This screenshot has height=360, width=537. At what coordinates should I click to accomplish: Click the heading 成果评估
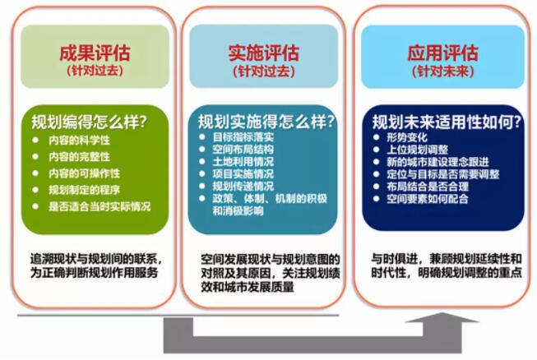tap(95, 53)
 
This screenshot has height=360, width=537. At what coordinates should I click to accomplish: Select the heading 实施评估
tap(264, 53)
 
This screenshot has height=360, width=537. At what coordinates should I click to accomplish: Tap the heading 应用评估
tap(442, 53)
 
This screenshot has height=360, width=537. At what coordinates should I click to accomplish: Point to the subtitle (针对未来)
tap(442, 72)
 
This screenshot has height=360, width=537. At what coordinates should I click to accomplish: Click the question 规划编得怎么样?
tap(89, 122)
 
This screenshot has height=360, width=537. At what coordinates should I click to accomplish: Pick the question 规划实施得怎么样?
tap(266, 122)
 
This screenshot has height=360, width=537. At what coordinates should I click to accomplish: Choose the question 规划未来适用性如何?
tap(447, 122)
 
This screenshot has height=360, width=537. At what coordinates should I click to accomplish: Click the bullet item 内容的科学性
tap(79, 140)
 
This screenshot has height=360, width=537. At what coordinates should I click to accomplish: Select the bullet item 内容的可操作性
tap(84, 173)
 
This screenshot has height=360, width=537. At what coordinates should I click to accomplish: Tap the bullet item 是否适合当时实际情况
tap(100, 206)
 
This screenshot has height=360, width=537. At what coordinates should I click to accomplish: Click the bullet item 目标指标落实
tap(243, 137)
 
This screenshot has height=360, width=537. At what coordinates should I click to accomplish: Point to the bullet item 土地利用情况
tap(243, 162)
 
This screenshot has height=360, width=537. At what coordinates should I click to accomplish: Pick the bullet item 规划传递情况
tap(243, 186)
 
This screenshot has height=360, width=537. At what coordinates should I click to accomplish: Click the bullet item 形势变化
tap(407, 137)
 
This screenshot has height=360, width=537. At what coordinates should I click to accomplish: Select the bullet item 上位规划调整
tap(417, 150)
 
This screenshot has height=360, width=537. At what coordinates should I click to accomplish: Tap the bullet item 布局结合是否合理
tap(428, 187)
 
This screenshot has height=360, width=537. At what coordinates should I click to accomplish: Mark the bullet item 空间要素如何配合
tap(428, 198)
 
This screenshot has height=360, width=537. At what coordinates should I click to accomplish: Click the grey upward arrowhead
tap(442, 317)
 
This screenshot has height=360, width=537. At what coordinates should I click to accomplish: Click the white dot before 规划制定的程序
tap(35, 190)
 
